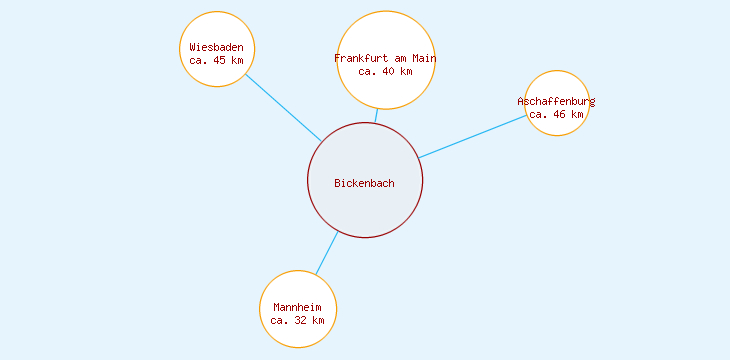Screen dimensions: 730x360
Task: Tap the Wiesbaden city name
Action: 216,47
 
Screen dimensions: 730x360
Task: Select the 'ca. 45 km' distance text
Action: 216,60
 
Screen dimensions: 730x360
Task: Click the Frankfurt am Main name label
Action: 385,58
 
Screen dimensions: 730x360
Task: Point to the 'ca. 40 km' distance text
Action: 385,71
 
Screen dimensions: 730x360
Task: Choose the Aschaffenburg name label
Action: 556,101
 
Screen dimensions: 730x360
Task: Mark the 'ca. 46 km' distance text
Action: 556,114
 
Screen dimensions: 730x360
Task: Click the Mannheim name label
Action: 298,307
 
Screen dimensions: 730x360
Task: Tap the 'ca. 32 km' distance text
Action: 298,320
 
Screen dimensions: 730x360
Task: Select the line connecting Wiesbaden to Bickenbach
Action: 283,108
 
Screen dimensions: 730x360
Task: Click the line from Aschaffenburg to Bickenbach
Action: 472,136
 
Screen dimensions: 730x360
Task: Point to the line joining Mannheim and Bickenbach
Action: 327,253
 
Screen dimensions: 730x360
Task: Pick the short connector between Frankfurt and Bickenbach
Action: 376,116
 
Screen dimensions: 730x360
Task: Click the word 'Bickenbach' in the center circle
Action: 364,183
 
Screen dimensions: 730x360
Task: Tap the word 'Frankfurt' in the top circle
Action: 361,58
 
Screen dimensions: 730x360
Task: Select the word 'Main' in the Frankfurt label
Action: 424,58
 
